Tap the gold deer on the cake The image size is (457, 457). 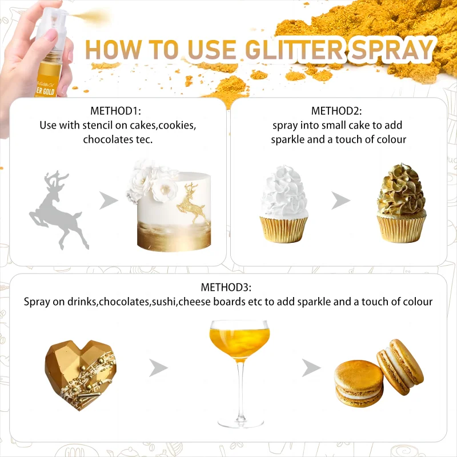click(192, 203)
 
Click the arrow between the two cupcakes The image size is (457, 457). click(341, 201)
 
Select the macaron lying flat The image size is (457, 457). click(359, 383)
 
